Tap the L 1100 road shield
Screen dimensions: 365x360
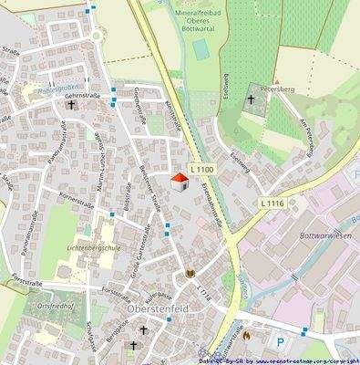point(202,171)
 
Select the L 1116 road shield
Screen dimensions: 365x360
point(272,202)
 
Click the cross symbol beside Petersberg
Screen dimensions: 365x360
point(252,99)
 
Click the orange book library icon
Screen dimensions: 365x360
point(190,274)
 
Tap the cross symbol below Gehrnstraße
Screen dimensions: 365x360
point(71,105)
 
